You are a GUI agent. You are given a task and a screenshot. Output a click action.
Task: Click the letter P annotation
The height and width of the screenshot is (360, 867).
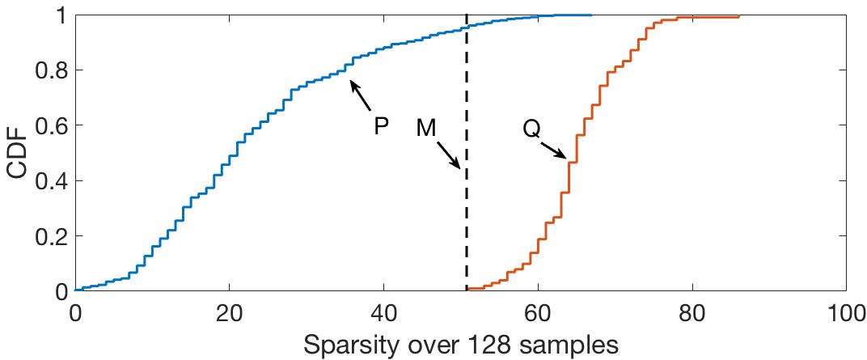[x=382, y=126]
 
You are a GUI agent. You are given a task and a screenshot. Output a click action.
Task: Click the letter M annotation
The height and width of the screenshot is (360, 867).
[x=427, y=127]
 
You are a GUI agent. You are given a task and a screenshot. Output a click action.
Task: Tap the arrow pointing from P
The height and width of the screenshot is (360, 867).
[x=361, y=94]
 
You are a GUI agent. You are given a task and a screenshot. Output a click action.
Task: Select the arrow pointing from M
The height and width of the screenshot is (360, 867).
[x=447, y=154]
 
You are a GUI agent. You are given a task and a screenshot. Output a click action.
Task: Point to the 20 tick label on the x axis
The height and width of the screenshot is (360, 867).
[x=230, y=311]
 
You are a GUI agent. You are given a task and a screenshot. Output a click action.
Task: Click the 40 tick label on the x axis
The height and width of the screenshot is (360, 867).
[x=383, y=311]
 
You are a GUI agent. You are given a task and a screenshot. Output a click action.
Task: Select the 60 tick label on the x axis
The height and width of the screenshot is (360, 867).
[x=538, y=311]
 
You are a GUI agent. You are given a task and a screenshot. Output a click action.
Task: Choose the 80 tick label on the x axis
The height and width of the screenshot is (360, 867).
[x=691, y=311]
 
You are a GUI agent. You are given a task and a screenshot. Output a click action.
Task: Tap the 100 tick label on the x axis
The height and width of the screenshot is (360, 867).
[x=844, y=311]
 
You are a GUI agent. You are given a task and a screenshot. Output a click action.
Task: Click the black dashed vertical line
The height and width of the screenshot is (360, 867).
[x=467, y=227]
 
